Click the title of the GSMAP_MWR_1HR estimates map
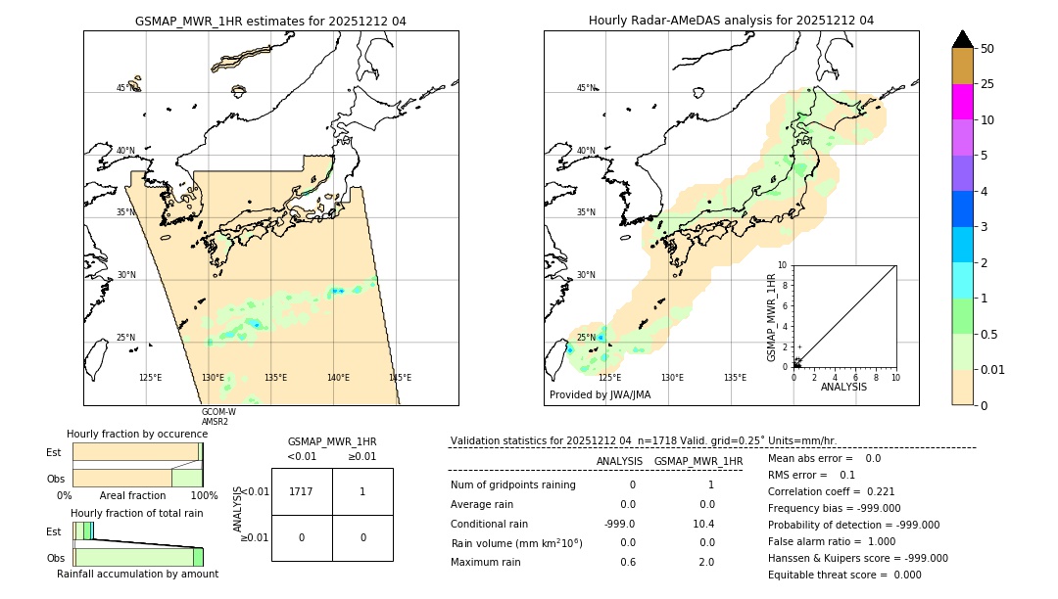(x=270, y=21)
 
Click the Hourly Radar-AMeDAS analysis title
(x=731, y=21)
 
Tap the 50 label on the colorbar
(x=987, y=48)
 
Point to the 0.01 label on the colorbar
(x=994, y=370)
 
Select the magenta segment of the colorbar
(x=963, y=102)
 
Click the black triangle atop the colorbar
(x=963, y=39)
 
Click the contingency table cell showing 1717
(x=302, y=491)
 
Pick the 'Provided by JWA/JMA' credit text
(x=600, y=394)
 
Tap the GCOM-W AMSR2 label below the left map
(x=218, y=416)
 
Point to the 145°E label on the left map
(x=400, y=378)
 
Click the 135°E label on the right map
(x=735, y=378)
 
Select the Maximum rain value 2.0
(x=706, y=562)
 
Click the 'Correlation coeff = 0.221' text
(x=832, y=491)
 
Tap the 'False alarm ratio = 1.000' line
(x=832, y=541)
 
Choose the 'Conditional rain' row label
(x=490, y=524)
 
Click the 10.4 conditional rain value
(x=704, y=524)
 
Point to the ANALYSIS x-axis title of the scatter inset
(x=844, y=387)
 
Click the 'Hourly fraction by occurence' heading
(x=137, y=434)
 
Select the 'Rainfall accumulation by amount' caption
(x=137, y=574)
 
